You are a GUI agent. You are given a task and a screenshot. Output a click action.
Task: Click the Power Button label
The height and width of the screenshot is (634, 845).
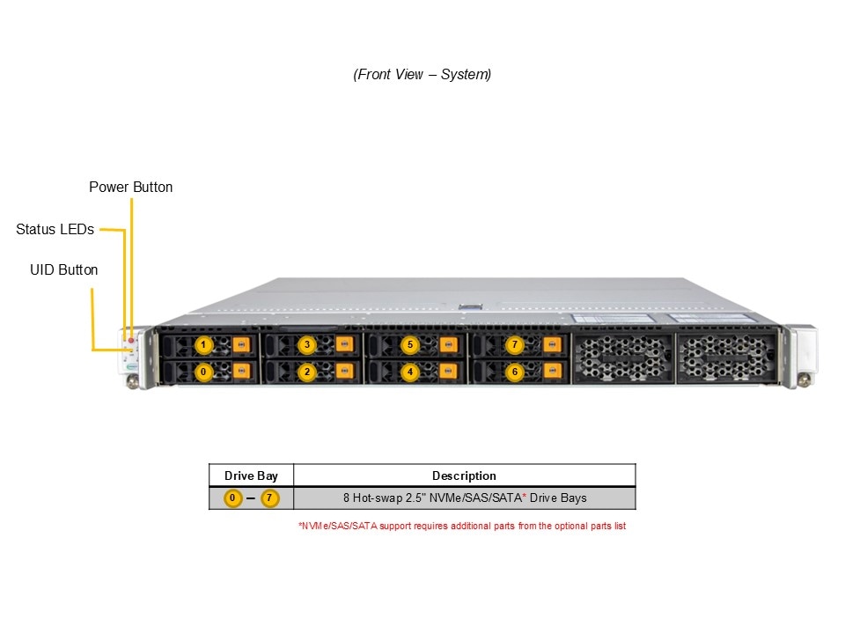tap(131, 187)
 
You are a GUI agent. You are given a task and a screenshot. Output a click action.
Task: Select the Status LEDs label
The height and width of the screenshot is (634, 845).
tap(55, 229)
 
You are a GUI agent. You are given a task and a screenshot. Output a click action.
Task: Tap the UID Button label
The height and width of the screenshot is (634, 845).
tap(64, 269)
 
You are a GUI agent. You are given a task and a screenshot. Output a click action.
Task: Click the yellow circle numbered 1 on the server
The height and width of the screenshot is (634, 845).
tap(204, 344)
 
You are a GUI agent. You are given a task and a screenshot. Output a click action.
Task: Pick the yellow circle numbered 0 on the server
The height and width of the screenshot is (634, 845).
tap(204, 372)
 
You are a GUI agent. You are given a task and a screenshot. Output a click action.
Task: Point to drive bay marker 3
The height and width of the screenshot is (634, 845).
tap(306, 344)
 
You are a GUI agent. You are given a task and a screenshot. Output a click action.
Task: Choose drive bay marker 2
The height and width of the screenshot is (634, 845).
tap(306, 372)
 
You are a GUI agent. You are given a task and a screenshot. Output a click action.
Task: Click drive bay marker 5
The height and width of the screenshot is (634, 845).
tap(409, 344)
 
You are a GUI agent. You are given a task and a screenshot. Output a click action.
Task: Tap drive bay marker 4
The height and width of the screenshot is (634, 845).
tap(409, 372)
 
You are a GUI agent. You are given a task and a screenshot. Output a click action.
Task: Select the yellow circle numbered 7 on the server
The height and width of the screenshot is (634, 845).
tap(515, 344)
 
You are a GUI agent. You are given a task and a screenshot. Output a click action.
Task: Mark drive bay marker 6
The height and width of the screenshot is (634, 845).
tap(515, 372)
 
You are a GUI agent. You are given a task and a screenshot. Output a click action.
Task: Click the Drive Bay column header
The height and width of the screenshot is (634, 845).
tap(251, 475)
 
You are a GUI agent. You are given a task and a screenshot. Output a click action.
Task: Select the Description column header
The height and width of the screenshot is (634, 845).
tap(464, 475)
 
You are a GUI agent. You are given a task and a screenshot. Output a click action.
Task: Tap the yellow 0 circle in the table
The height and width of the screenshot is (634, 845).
tap(231, 498)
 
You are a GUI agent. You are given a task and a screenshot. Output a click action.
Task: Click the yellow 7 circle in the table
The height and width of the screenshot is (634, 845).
tap(269, 498)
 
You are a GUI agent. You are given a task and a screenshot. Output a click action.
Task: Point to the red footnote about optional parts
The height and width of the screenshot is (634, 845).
tap(462, 526)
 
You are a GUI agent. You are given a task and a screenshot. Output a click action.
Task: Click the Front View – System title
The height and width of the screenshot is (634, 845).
tap(422, 74)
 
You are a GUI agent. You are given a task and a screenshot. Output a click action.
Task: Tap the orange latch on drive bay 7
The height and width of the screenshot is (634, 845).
tap(553, 344)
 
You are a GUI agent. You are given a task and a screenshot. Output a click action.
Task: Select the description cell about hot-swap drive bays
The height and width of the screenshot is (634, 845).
tap(464, 498)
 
